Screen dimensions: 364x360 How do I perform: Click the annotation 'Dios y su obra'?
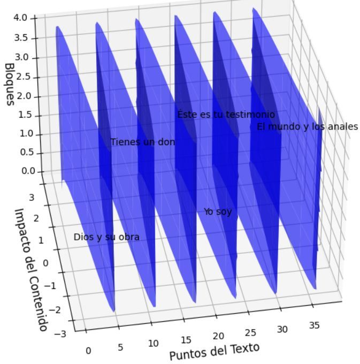tap(106, 237)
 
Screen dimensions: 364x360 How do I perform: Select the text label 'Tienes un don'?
tap(142, 142)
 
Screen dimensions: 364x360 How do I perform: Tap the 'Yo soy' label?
tap(218, 211)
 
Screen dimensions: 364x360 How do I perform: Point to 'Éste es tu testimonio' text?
tap(226, 114)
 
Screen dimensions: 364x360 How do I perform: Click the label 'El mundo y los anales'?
tap(307, 127)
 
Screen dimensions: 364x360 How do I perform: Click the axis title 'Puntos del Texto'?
tap(214, 351)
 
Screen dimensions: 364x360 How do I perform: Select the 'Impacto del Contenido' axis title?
tap(32, 269)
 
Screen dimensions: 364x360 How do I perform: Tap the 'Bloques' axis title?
tap(9, 84)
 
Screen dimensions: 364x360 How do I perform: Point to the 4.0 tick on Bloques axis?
tap(20, 18)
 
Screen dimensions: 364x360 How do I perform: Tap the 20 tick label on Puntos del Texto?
tap(218, 336)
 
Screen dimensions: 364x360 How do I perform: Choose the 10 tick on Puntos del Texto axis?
tap(154, 343)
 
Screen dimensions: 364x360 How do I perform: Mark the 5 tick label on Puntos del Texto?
tap(120, 347)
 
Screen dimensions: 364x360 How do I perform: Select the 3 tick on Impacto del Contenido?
tap(32, 198)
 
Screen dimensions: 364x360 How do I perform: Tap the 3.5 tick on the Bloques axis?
tap(20, 38)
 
